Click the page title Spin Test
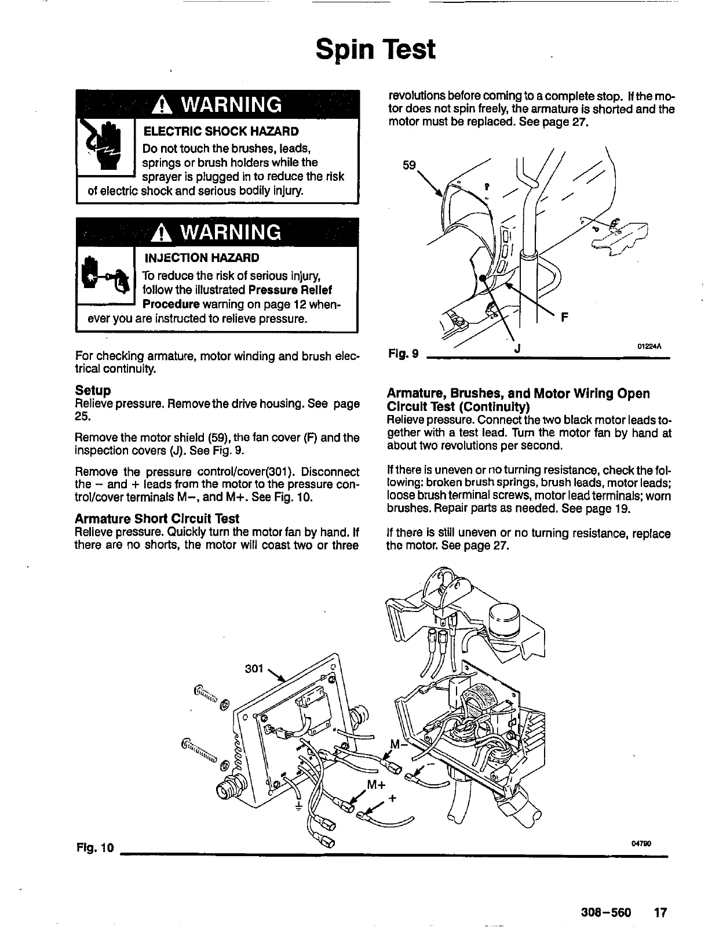[375, 50]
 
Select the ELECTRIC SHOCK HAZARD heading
[221, 132]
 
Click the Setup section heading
[93, 390]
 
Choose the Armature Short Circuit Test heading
[156, 518]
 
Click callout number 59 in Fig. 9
[410, 165]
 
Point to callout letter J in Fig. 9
[517, 348]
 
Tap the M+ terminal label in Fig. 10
[376, 786]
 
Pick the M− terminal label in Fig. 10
[399, 744]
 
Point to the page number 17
[660, 913]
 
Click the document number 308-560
[605, 913]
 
